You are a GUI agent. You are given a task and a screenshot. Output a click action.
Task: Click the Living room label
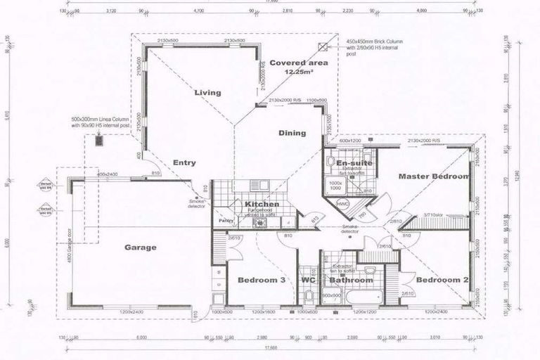tap(207, 92)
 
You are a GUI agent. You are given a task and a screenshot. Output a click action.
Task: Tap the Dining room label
tap(292, 133)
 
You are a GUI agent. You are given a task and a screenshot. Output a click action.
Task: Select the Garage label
tap(141, 247)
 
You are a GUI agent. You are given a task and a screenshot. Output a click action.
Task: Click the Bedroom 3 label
tap(261, 280)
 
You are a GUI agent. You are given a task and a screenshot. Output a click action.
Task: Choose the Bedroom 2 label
tap(441, 280)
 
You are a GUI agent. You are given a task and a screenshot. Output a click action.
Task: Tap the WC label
tap(307, 280)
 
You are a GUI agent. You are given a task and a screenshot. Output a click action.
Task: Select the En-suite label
tap(354, 163)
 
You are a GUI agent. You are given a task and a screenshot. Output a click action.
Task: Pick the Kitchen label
tap(262, 205)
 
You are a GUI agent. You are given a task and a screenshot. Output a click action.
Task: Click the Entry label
tap(184, 162)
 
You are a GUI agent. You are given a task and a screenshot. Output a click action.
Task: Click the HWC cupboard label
tap(343, 204)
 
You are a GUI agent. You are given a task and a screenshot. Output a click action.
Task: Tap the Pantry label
tap(225, 220)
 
